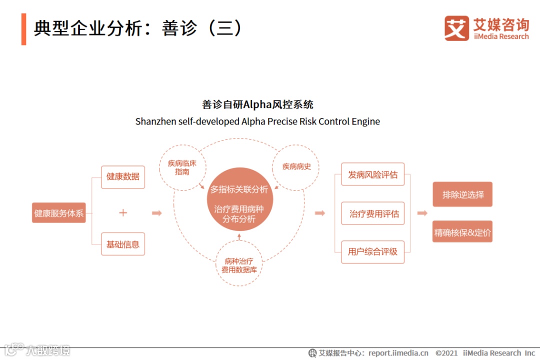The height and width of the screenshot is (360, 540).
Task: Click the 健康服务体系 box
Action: [59, 213]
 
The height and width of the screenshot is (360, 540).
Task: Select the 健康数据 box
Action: [123, 177]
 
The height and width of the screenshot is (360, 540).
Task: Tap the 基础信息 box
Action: [123, 244]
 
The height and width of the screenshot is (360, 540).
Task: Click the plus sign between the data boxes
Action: [123, 213]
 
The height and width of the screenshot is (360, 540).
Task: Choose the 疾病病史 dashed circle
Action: [296, 166]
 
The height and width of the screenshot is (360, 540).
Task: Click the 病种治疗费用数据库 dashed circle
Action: [239, 265]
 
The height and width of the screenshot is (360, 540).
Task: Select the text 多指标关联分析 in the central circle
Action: [239, 190]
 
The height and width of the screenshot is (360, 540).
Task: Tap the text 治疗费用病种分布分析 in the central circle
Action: [239, 214]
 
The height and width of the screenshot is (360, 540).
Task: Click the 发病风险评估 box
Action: [372, 174]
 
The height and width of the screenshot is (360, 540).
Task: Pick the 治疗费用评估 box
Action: [373, 214]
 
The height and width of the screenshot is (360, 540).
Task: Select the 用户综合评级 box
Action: [372, 251]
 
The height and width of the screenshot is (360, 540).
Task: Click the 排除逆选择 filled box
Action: [462, 194]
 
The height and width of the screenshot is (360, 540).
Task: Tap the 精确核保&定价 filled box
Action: [462, 232]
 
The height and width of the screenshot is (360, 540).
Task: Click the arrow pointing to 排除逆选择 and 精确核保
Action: [422, 213]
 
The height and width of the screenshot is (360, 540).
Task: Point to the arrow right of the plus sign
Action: [157, 213]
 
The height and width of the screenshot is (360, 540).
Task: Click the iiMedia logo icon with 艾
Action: [456, 28]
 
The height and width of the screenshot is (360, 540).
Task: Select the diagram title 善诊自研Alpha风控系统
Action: [257, 104]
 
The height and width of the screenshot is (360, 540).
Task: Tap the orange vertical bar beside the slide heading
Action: [23, 29]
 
